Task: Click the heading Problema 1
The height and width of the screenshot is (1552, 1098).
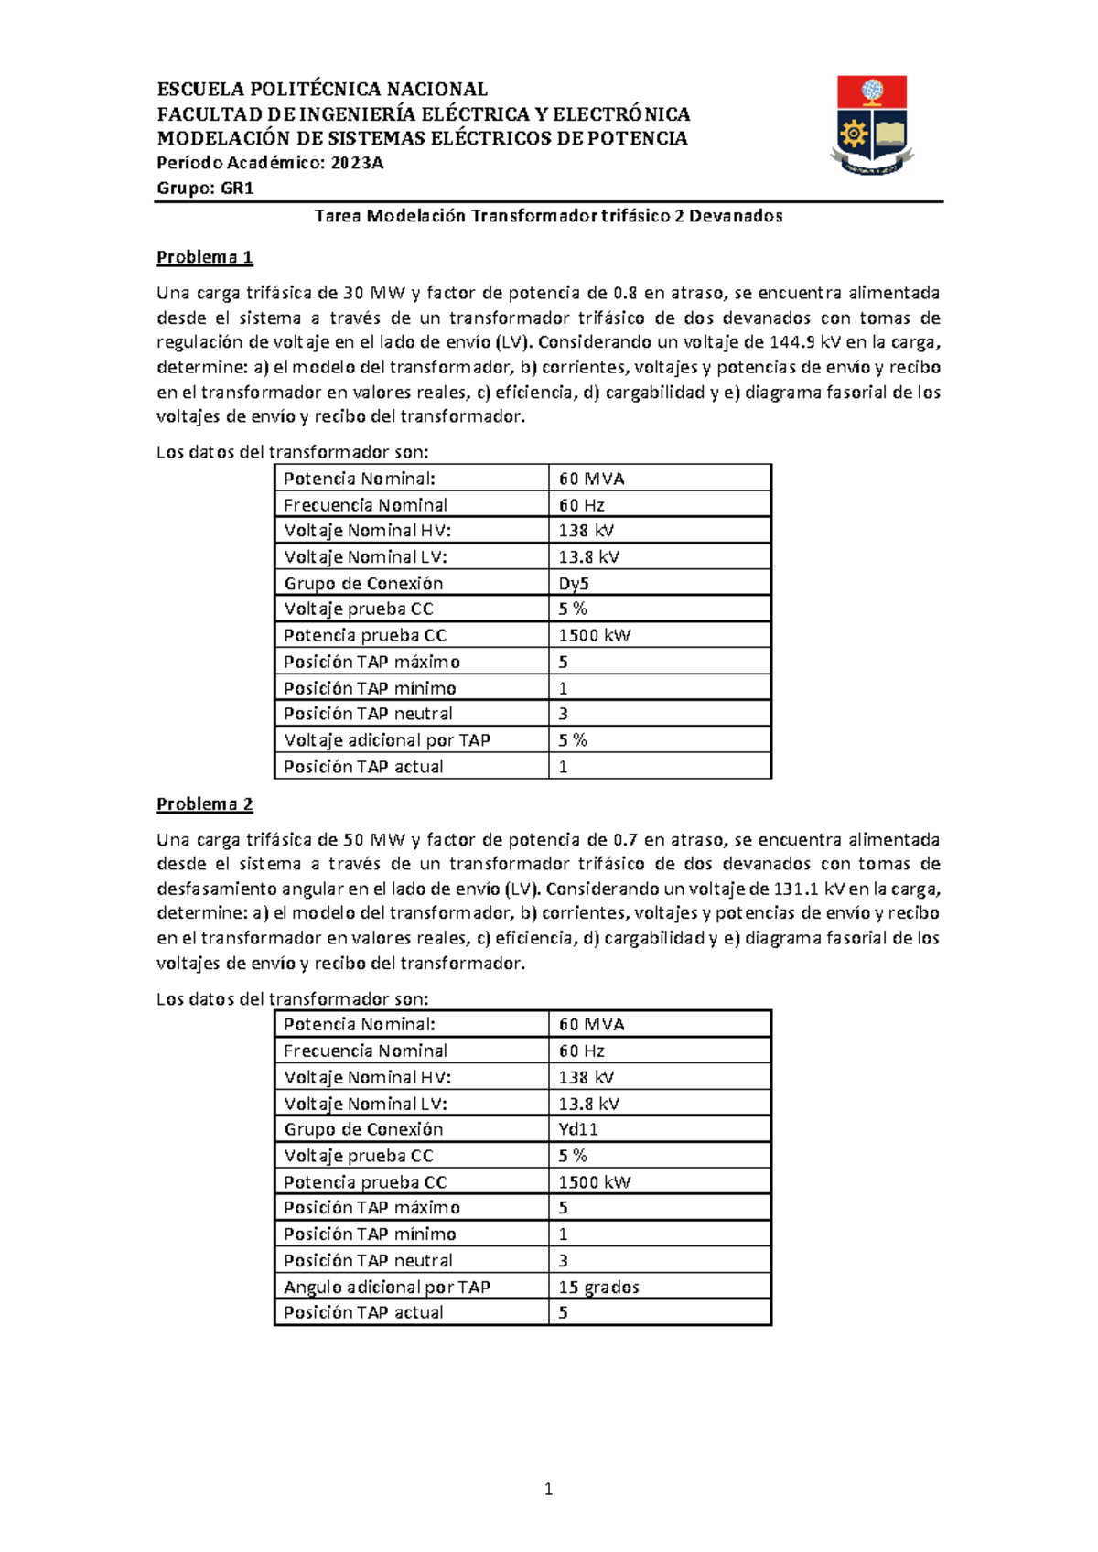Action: point(204,257)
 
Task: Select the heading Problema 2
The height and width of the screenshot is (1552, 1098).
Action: point(204,804)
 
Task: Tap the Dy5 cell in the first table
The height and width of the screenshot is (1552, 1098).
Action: point(574,583)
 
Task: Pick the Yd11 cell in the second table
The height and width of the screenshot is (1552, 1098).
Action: point(578,1129)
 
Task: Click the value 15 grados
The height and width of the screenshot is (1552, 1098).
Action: point(598,1287)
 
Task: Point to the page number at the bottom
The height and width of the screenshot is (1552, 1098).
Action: point(548,1489)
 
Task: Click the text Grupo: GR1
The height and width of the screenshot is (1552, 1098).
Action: point(205,188)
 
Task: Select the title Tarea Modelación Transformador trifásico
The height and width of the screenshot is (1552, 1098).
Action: point(548,216)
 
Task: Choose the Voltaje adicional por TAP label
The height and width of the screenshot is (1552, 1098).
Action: point(386,739)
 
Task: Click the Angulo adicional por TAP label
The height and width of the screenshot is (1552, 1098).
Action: point(386,1287)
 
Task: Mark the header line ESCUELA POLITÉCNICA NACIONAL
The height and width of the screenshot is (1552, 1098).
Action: point(322,89)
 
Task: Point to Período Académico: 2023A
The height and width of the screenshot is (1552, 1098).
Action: point(270,163)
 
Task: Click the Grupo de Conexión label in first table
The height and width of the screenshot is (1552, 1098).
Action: point(363,583)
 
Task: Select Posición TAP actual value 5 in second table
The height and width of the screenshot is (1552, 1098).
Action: point(563,1312)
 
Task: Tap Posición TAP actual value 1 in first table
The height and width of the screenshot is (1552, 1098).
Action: point(563,766)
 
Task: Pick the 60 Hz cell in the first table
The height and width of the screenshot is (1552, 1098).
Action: point(581,504)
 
